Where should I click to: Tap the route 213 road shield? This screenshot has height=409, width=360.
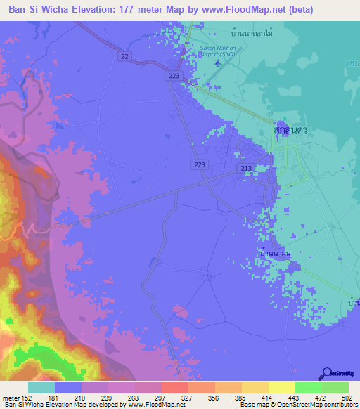point(246,169)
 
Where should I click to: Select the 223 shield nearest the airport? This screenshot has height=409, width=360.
point(174,75)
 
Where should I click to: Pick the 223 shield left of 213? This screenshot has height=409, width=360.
point(199,164)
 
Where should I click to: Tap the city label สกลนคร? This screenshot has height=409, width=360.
point(292,131)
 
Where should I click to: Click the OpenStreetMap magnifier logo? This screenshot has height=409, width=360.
point(326,373)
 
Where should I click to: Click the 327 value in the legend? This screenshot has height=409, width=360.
point(188,398)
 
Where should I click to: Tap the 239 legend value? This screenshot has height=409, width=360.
point(108,398)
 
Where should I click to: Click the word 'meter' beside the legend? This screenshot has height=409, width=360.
point(11,398)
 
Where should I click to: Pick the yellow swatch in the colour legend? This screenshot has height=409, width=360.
point(281,387)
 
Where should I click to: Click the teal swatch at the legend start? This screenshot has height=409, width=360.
point(41,387)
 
